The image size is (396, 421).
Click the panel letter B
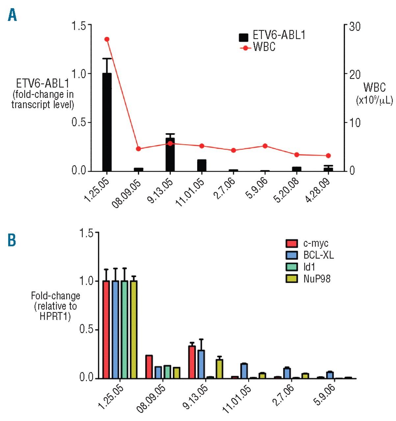click(12, 240)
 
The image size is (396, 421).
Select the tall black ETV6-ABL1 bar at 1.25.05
click(107, 122)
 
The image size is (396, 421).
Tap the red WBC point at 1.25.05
click(107, 39)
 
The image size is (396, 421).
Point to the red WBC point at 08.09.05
click(139, 149)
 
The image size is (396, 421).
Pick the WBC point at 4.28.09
click(328, 156)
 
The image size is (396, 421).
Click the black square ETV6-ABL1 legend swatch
click(244, 37)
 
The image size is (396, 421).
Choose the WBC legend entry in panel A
click(263, 47)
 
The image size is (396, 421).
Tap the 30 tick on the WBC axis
click(355, 26)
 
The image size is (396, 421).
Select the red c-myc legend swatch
click(292, 243)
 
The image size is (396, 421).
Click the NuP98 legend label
click(317, 279)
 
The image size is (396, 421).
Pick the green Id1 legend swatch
click(292, 267)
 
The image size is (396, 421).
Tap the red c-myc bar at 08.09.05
click(149, 367)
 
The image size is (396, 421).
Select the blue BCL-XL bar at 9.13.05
click(201, 364)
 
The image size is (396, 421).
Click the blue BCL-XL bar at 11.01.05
click(244, 371)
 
